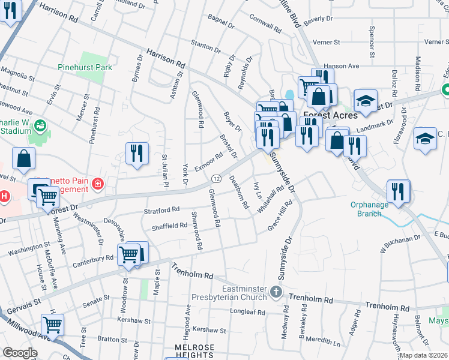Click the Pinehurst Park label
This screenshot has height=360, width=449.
pos(85,68)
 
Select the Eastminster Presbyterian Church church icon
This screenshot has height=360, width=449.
pos(276,292)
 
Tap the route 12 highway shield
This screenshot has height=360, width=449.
pos(215,179)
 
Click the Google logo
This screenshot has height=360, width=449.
pos(20,353)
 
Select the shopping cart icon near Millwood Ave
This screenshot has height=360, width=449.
pos(53,325)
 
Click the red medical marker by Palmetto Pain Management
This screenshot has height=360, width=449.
pos(97,183)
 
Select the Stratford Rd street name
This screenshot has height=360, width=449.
pos(161,210)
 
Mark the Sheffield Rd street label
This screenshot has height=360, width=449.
pos(169,226)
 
